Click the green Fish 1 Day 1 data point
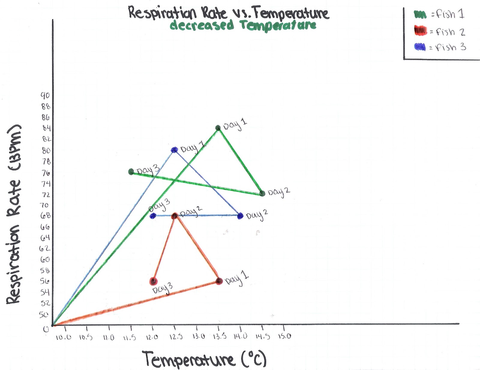(218, 128)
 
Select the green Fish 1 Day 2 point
(262, 193)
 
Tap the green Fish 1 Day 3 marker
(131, 172)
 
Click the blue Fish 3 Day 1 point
(174, 150)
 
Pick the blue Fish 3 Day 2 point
(240, 216)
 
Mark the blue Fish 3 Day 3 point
(153, 216)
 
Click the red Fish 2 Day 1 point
(219, 281)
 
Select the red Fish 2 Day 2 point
(175, 216)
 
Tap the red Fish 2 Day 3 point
(153, 281)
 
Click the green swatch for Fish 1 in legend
(420, 14)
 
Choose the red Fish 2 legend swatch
(420, 31)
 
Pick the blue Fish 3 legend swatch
(420, 47)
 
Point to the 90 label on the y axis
(45, 95)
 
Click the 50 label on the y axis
(44, 315)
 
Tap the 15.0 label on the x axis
(284, 336)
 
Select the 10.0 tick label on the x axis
(64, 337)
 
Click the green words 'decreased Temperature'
(243, 25)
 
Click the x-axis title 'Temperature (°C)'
(204, 359)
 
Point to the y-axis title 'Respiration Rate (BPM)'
(13, 214)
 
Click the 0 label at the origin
(46, 329)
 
